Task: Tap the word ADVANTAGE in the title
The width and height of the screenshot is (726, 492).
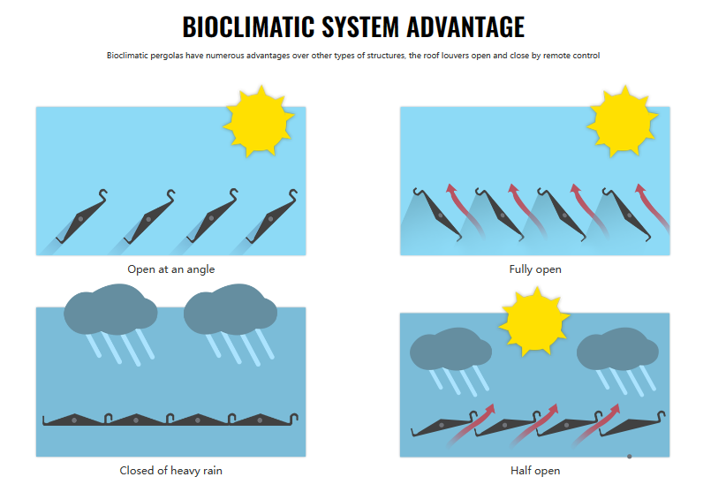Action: pyautogui.click(x=465, y=27)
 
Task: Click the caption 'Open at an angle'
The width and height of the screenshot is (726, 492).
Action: pyautogui.click(x=170, y=269)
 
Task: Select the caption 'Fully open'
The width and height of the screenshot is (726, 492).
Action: pyautogui.click(x=535, y=269)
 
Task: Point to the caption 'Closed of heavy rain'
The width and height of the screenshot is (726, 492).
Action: pyautogui.click(x=170, y=471)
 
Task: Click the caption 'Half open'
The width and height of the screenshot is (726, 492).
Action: pyautogui.click(x=535, y=471)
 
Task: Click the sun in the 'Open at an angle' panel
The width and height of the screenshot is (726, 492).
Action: pyautogui.click(x=259, y=119)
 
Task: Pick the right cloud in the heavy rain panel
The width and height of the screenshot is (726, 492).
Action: pyautogui.click(x=229, y=308)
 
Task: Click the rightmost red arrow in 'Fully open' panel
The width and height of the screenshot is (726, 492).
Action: pyautogui.click(x=647, y=205)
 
